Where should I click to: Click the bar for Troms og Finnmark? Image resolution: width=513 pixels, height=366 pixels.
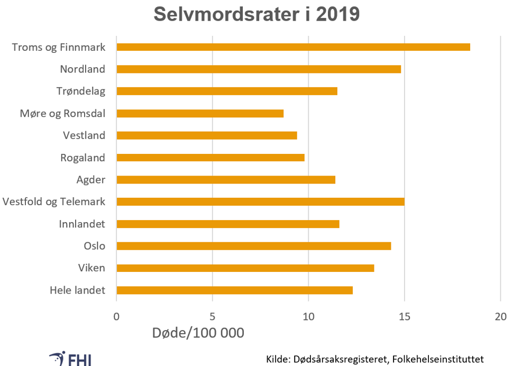click(x=293, y=47)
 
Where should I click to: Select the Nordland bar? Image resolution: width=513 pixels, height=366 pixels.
click(x=259, y=69)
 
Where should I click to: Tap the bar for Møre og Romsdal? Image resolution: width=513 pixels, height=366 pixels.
click(x=200, y=113)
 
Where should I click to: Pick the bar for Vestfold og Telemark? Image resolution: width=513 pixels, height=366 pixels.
click(x=260, y=202)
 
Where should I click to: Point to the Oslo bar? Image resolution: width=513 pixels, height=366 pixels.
click(x=253, y=245)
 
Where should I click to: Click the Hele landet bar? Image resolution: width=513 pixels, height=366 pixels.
click(x=234, y=290)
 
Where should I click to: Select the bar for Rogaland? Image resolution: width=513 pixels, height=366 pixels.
click(x=210, y=158)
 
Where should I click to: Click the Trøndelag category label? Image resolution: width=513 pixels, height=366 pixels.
click(x=81, y=91)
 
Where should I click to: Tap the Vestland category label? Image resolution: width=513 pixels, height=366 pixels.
click(x=84, y=135)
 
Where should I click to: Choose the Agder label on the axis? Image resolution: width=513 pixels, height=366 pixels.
click(x=91, y=180)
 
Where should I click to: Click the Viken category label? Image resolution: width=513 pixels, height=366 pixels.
click(x=91, y=268)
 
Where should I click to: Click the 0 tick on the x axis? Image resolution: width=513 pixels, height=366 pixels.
click(x=116, y=317)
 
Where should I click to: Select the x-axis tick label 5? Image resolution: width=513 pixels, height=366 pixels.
click(x=213, y=317)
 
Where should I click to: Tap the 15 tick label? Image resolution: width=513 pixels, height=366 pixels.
click(x=404, y=317)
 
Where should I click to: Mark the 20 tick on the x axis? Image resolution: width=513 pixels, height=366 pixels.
click(x=500, y=317)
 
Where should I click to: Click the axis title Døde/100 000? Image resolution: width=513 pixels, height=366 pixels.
click(x=198, y=333)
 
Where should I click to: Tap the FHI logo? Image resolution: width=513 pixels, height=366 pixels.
click(x=72, y=358)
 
